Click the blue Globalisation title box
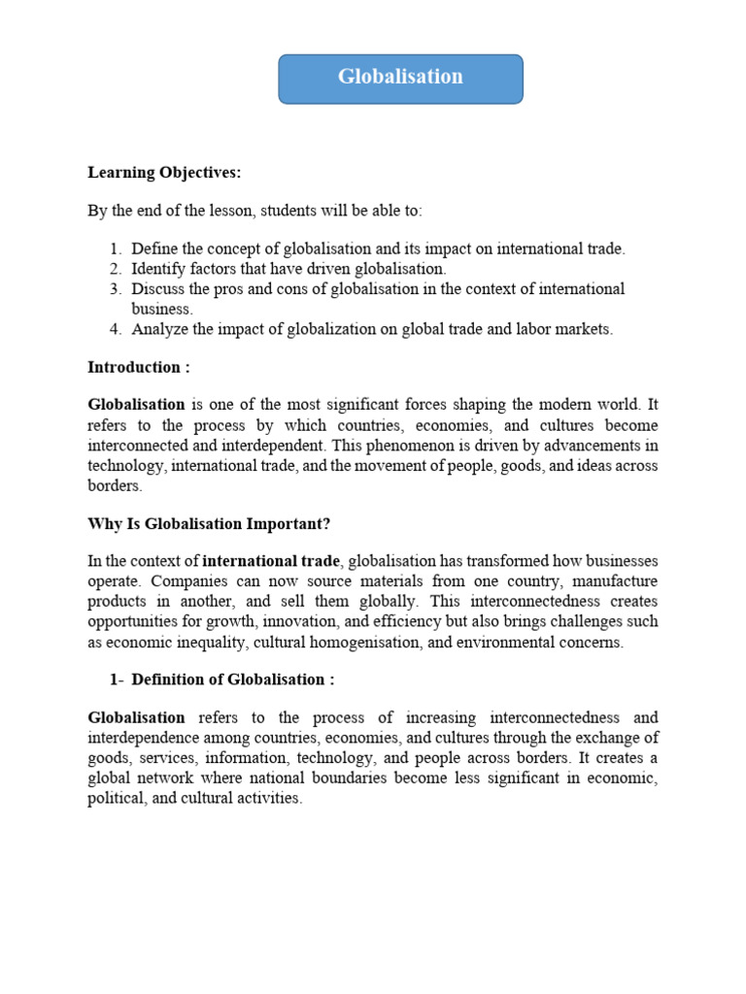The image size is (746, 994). [400, 79]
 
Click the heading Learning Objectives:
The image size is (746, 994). [164, 173]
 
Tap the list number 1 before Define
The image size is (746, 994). [115, 249]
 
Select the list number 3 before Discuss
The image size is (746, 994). [115, 289]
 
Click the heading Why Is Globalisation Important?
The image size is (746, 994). [209, 524]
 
